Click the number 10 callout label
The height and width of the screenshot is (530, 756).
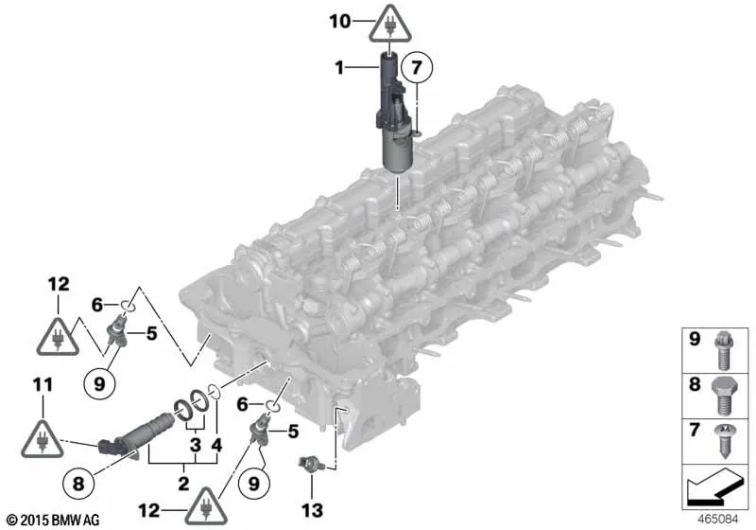point(340,21)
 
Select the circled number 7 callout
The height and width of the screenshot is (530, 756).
point(416,67)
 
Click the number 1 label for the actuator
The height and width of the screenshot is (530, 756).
point(339,67)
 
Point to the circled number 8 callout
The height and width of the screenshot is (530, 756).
point(78,484)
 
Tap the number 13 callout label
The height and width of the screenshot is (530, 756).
point(312,510)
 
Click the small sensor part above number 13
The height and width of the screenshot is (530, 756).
point(307,465)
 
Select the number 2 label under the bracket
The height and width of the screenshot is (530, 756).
point(183,484)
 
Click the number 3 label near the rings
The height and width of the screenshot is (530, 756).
point(195,445)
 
